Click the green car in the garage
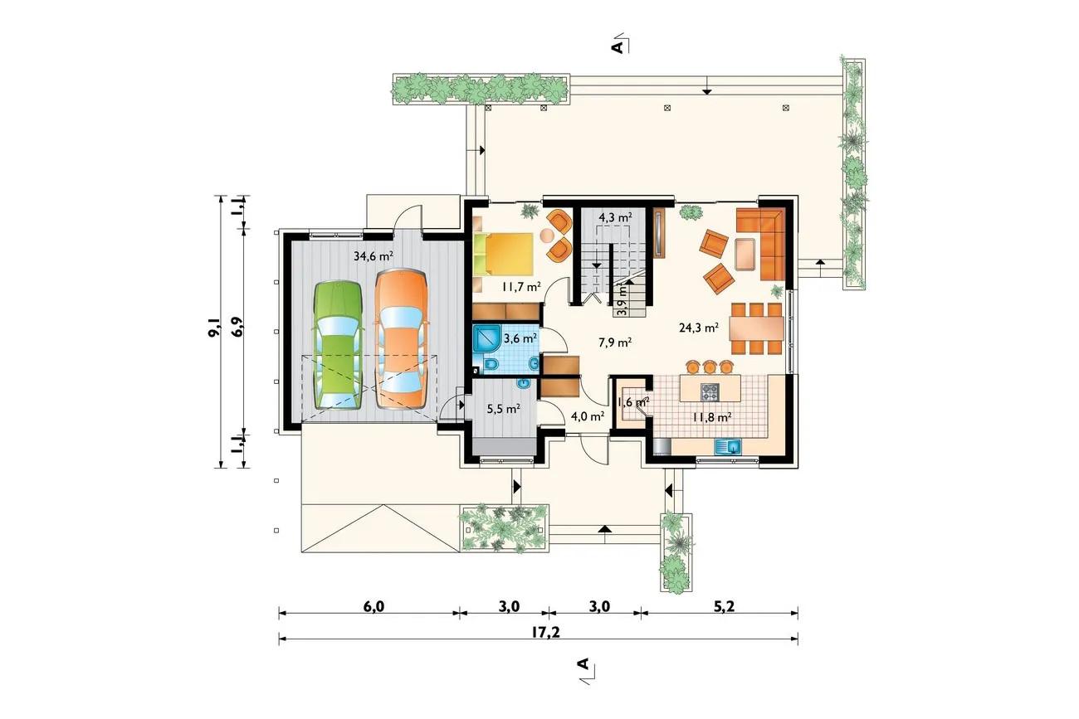click(338, 345)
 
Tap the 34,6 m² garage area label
click(373, 255)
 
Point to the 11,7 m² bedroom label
click(521, 287)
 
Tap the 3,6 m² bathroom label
click(520, 338)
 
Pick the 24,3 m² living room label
click(699, 328)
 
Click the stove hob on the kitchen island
click(709, 391)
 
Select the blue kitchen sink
click(728, 447)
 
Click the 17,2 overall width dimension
click(546, 632)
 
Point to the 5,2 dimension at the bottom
click(724, 606)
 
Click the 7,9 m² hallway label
click(615, 342)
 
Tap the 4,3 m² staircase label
click(615, 217)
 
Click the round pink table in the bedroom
click(548, 236)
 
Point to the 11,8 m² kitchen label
click(712, 417)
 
